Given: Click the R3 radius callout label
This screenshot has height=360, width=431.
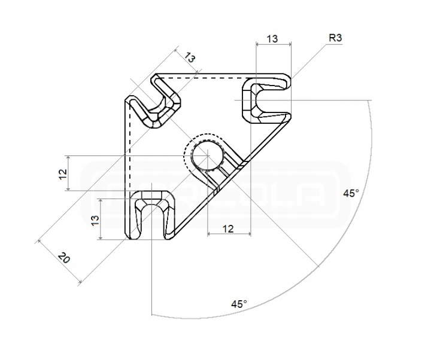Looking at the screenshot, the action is pos(335,38).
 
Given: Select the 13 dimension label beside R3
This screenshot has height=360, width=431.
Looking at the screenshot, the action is pos(272,39).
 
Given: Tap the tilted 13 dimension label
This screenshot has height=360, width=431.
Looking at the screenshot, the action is pos(190,58).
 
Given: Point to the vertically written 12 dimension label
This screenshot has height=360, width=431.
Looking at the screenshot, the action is pos(62,173).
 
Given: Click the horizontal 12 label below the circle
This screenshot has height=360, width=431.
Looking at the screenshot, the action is pos(227,228).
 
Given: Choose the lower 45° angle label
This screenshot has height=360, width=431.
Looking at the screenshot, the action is pos(239,304).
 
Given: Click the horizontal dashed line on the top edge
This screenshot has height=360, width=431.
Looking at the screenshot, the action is pos(204,78).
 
